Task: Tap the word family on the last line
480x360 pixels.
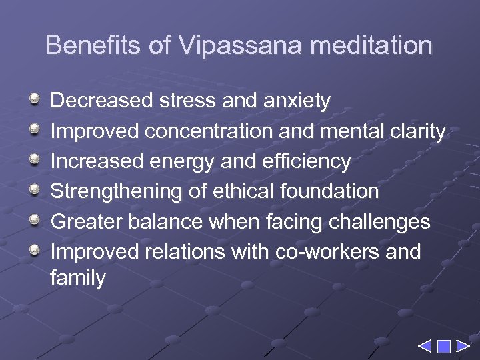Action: (x=77, y=278)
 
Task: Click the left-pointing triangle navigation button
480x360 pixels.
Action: (x=425, y=347)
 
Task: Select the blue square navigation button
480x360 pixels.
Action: (x=443, y=347)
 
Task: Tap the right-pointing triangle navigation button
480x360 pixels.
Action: (x=462, y=347)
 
